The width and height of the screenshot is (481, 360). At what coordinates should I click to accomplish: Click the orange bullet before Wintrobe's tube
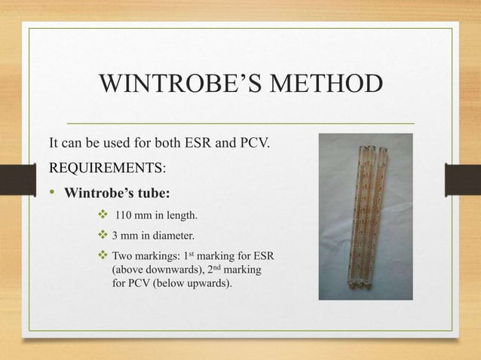(x=54, y=191)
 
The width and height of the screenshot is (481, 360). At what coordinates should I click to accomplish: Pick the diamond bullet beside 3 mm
(x=103, y=236)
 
